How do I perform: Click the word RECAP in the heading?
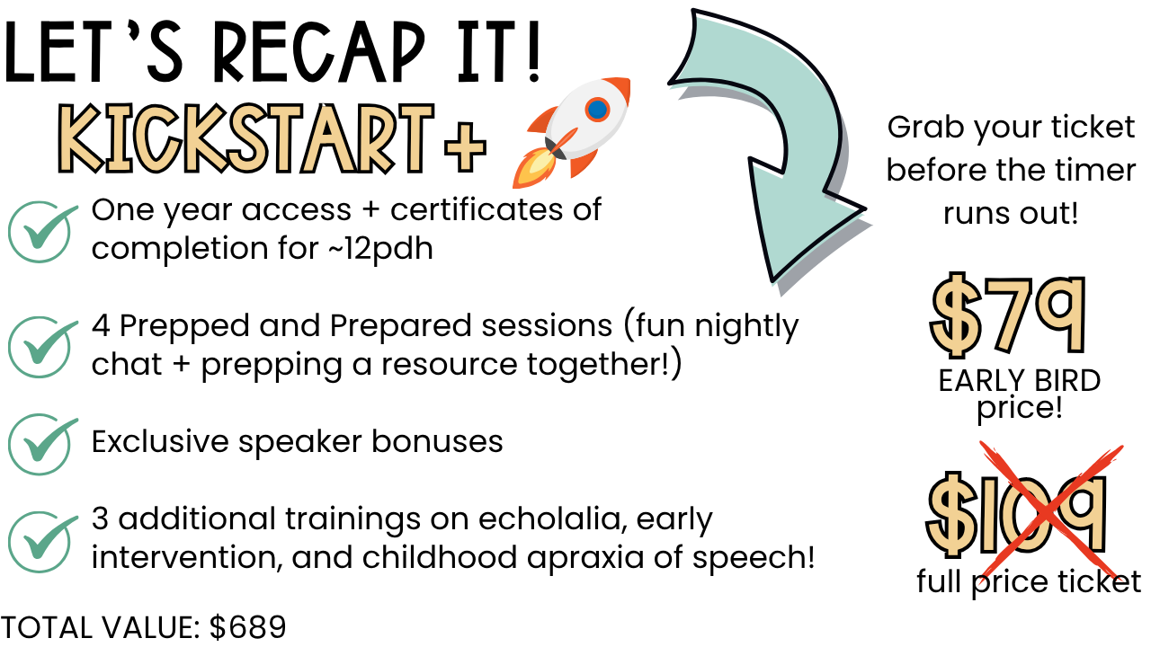coord(318,51)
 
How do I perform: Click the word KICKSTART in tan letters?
coord(245,138)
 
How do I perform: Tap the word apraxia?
coord(585,559)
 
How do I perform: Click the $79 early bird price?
coord(1007,315)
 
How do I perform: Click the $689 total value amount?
coord(247,627)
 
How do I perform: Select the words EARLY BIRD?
coord(1020,381)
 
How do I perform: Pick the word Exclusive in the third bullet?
coord(160,441)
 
